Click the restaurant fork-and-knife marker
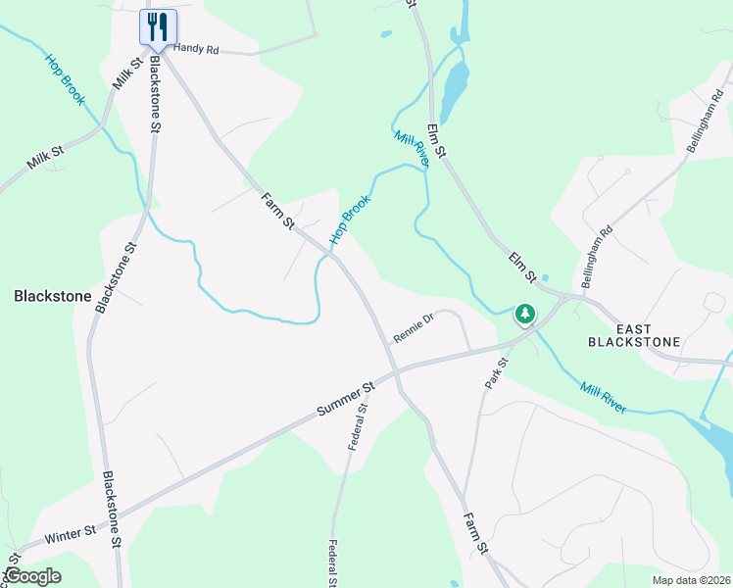[158, 25]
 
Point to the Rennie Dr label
[413, 327]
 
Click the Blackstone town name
[52, 295]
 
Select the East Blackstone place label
[634, 334]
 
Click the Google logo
[32, 576]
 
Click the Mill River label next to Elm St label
[412, 149]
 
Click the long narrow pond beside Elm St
[455, 85]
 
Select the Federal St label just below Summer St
[358, 427]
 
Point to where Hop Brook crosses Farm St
[332, 256]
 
